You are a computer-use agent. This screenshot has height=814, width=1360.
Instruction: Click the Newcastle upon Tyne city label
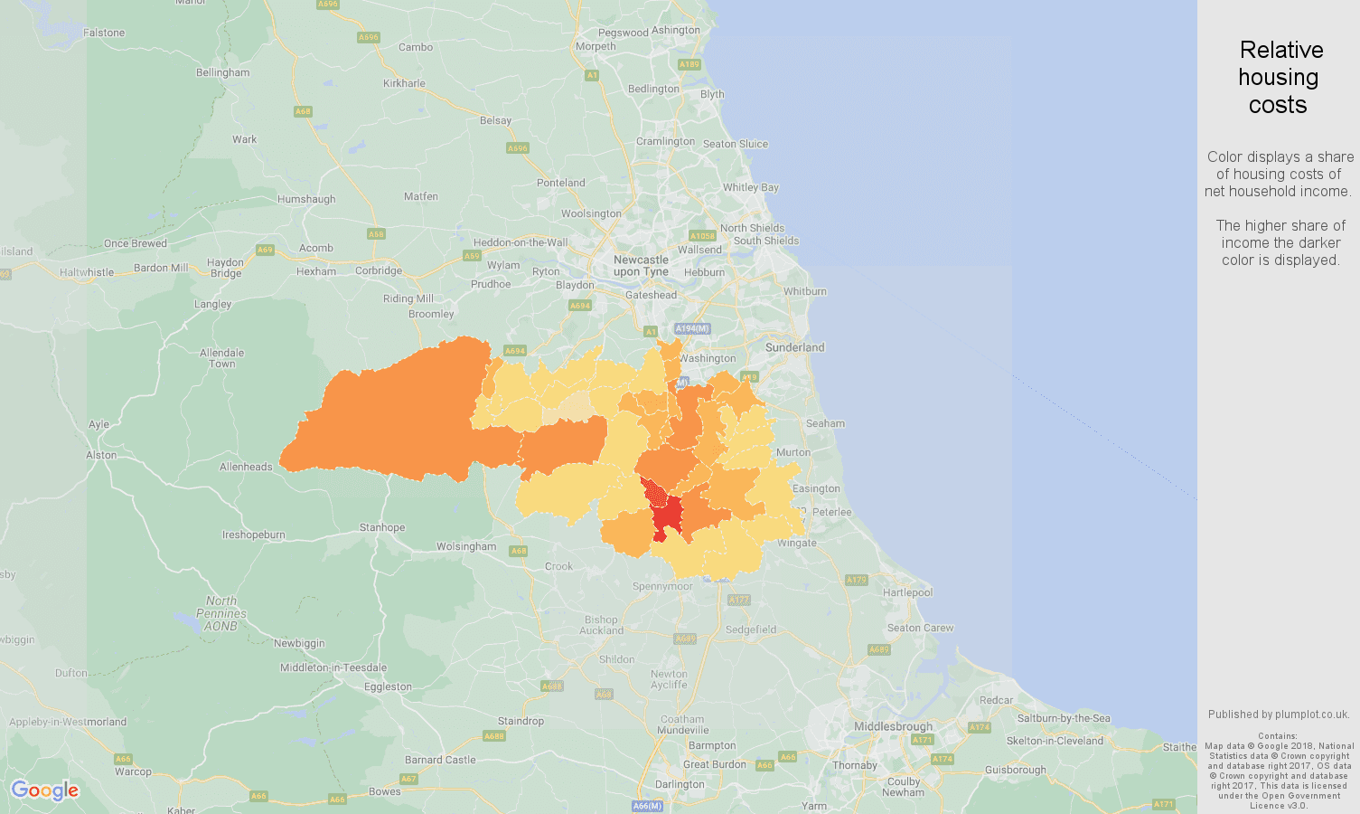[641, 266]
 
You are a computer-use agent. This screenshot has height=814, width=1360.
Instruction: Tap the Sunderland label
[794, 347]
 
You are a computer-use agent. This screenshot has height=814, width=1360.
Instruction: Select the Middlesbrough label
[893, 726]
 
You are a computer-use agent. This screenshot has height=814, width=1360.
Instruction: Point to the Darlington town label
[680, 784]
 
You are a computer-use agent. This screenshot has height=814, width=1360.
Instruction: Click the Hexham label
[316, 271]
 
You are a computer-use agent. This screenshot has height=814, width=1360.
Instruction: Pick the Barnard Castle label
[440, 760]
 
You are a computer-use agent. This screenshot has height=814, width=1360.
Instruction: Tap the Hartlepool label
[907, 592]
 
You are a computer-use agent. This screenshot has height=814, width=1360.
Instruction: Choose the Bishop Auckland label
[601, 625]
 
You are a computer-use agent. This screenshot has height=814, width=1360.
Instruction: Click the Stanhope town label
[382, 527]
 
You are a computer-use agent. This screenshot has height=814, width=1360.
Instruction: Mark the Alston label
[101, 455]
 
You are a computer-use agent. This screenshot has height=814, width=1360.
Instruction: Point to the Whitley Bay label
[750, 187]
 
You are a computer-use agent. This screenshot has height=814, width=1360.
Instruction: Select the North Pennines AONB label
[220, 613]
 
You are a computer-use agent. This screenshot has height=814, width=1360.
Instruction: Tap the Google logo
[45, 790]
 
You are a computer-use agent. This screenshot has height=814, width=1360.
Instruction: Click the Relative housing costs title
[1279, 78]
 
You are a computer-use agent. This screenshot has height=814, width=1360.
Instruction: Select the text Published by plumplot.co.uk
[1279, 715]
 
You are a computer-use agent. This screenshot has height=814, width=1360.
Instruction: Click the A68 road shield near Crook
[518, 551]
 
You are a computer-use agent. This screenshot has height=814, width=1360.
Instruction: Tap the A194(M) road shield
[692, 329]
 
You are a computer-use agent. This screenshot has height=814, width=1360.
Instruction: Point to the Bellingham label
[222, 72]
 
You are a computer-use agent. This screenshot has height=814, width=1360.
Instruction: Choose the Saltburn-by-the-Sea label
[1064, 718]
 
